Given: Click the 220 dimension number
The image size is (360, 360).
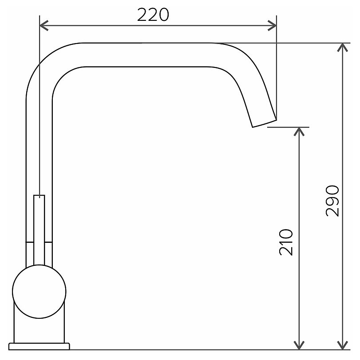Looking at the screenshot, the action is tap(153, 15).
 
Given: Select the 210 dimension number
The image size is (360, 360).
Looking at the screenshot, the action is tap(286, 242).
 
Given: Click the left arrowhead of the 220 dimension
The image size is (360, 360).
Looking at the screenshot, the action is tap(44, 25).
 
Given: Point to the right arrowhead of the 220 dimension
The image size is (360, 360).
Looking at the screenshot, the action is tap(272, 25).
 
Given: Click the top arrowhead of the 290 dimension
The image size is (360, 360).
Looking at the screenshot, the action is tap(343, 47).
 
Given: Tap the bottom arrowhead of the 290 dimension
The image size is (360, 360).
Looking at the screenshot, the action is tap(343, 345).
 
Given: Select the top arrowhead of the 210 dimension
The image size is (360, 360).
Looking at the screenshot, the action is tap(299, 131).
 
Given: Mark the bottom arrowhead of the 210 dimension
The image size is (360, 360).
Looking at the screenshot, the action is tap(299, 345).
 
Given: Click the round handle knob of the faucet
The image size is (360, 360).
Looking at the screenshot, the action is tap(39, 291).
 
